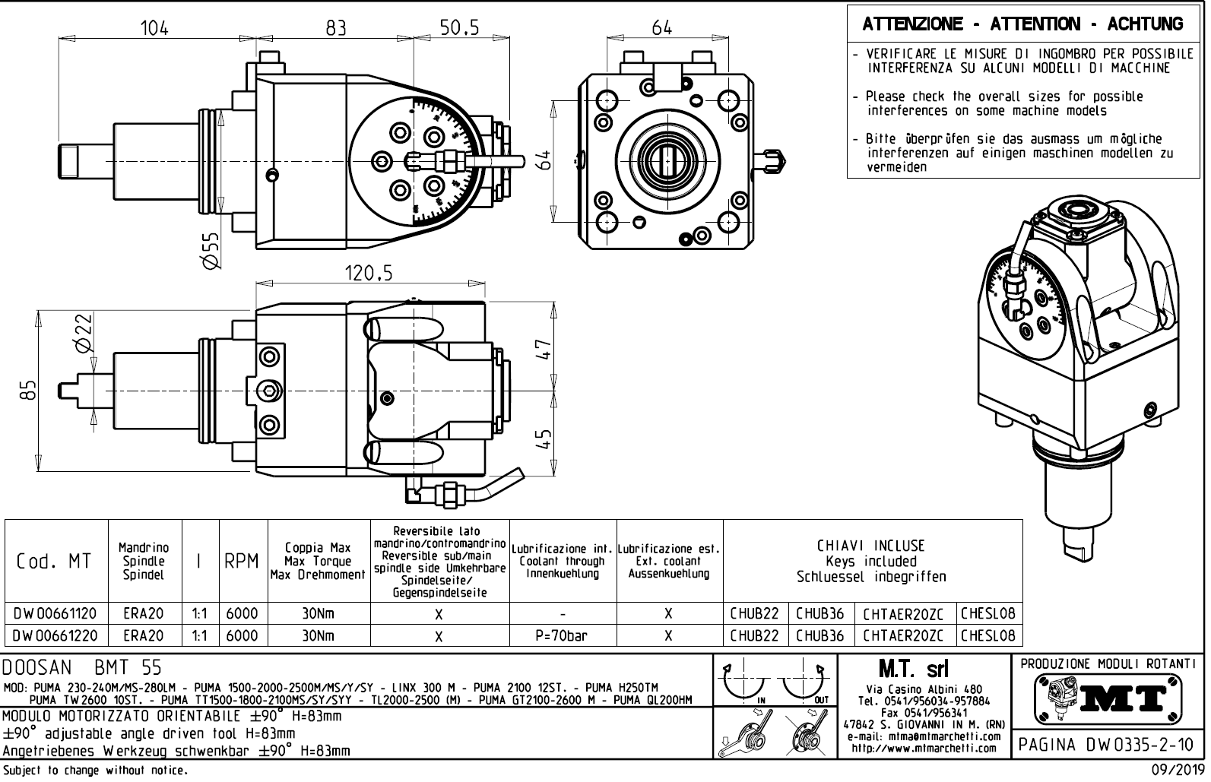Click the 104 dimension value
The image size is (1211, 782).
[155, 27]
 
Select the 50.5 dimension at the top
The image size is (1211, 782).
[460, 27]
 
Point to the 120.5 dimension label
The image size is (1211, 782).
[369, 274]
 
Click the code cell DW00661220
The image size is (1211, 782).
[55, 635]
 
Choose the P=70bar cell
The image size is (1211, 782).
[562, 635]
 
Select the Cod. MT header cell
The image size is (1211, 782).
[55, 562]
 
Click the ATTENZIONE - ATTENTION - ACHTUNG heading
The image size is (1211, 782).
[1023, 24]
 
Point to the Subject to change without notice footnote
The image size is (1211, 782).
[94, 771]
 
